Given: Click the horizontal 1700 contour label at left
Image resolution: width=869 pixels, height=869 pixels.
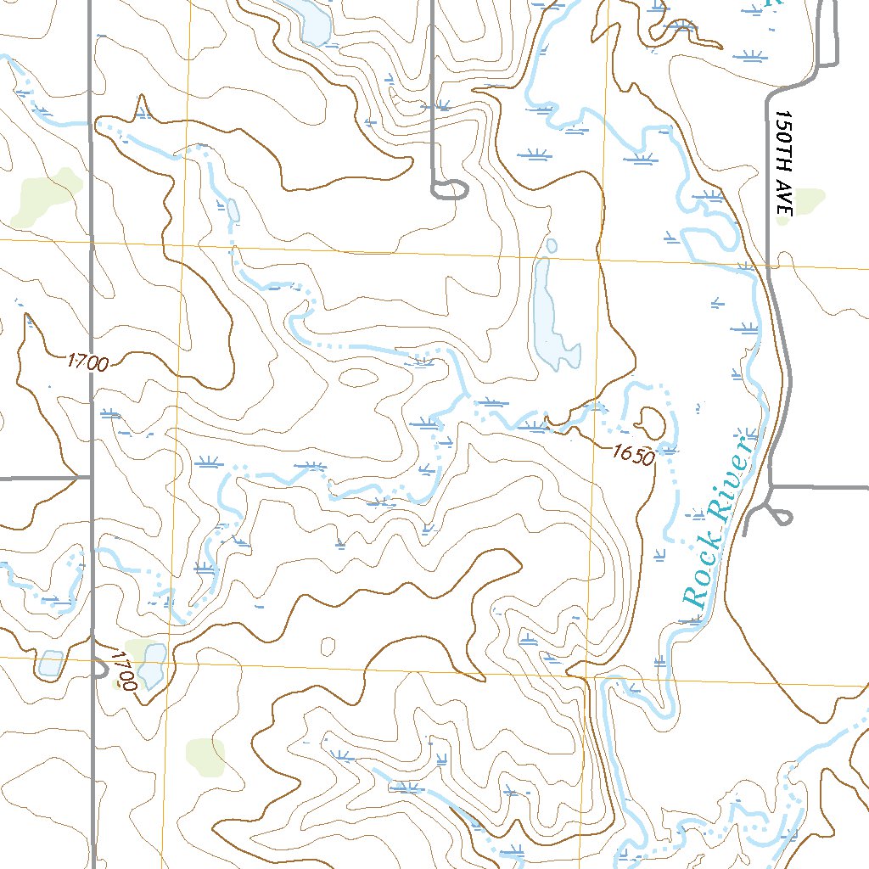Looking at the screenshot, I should [x=87, y=363].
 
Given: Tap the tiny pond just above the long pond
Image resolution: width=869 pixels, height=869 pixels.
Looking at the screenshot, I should [x=552, y=246].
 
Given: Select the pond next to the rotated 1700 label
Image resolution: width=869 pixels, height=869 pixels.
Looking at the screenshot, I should [x=154, y=664].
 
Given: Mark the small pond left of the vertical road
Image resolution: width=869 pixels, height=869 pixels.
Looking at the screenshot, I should [x=50, y=663].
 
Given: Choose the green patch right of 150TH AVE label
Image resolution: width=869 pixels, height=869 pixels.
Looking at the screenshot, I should [x=810, y=199].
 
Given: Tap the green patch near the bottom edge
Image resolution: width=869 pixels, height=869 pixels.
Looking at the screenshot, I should [x=206, y=756].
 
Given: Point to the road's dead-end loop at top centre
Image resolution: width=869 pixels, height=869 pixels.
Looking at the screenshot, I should [x=450, y=188].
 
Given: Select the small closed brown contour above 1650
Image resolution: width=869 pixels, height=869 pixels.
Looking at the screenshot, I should [x=651, y=420].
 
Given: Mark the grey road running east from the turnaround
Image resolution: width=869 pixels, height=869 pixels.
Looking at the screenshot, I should [x=823, y=487].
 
